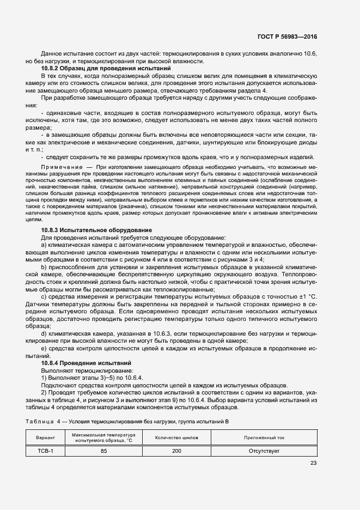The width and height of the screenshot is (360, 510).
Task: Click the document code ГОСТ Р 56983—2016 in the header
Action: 286,36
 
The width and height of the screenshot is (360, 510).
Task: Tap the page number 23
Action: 313,463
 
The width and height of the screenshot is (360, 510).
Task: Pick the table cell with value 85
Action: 103,451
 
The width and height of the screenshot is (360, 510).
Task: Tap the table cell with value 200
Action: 176,451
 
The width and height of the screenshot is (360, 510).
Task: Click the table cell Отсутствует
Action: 264,451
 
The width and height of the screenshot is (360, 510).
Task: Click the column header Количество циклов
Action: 176,438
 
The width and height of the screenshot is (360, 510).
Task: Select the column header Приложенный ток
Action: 264,438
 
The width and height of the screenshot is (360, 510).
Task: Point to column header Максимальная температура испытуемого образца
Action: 103,438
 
